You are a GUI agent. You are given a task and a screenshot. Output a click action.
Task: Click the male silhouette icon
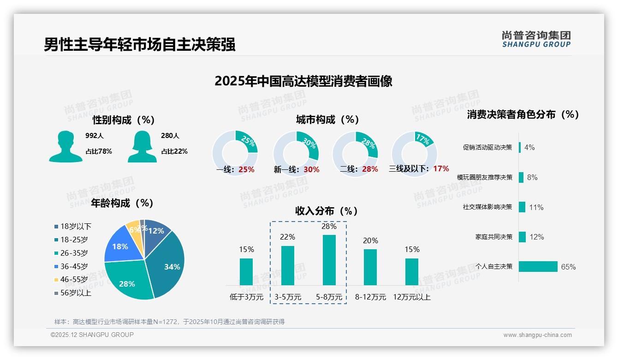pyautogui.click(x=65, y=146)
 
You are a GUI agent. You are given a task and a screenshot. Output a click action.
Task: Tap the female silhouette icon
pyautogui.click(x=142, y=146)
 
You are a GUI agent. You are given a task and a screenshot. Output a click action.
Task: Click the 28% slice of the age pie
pyautogui.click(x=128, y=282)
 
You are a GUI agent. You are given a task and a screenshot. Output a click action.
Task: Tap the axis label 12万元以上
pyautogui.click(x=411, y=297)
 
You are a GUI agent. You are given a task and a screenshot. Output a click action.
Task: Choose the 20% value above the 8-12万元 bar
pyautogui.click(x=370, y=240)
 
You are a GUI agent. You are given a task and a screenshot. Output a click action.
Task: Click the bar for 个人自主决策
pyautogui.click(x=538, y=266)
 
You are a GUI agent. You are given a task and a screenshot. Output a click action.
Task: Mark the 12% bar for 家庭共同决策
pyautogui.click(x=523, y=237)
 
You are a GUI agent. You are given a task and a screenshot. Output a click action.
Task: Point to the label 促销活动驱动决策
pyautogui.click(x=487, y=148)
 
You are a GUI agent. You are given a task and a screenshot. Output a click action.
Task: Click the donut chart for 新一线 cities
pyautogui.click(x=296, y=153)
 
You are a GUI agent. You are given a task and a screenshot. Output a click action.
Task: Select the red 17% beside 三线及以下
pyautogui.click(x=441, y=169)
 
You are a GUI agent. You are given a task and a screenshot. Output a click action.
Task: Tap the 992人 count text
pyautogui.click(x=95, y=136)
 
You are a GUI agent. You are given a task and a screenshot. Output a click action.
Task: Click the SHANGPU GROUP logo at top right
pyautogui.click(x=536, y=39)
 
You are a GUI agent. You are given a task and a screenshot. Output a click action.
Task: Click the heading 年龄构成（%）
pyautogui.click(x=122, y=203)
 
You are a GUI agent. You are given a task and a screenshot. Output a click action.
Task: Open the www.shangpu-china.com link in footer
pyautogui.click(x=537, y=335)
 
